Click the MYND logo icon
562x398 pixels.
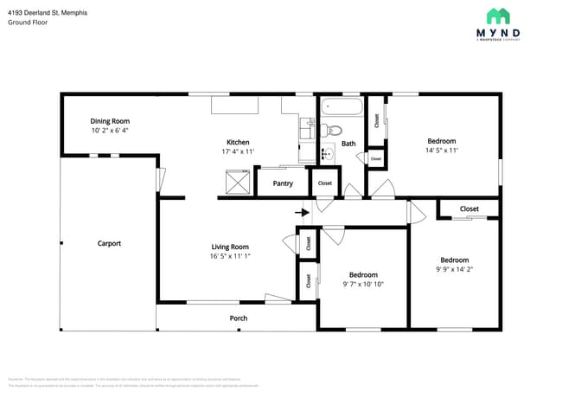497,16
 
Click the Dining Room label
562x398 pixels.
110,121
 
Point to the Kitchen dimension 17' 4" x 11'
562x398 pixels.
238,151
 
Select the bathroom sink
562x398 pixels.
327,155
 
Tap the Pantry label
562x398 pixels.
283,183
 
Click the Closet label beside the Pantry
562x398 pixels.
325,183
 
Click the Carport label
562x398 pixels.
109,243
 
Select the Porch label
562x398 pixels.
239,318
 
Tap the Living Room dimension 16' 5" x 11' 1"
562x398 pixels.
230,256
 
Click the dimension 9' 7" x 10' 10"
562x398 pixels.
363,284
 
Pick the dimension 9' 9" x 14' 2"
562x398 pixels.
454,269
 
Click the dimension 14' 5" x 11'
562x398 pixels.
442,151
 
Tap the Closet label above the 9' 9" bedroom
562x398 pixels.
469,209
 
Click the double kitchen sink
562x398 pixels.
307,129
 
